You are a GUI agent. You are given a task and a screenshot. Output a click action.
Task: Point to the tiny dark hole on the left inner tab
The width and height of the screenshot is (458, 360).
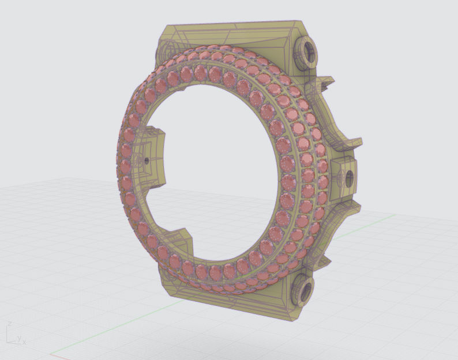pyautogui.click(x=147, y=160)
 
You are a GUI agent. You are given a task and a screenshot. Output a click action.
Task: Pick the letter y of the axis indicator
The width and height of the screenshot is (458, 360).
pyautogui.click(x=19, y=339)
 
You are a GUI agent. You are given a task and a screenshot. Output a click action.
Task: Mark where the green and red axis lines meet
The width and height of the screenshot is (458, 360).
pyautogui.click(x=51, y=354)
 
